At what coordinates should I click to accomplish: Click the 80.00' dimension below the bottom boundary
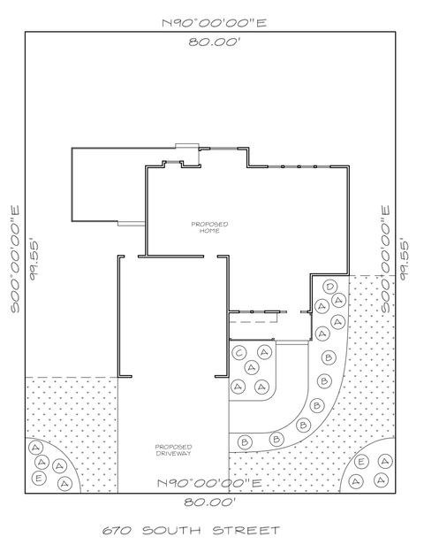tap(210, 502)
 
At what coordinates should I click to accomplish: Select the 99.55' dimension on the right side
tap(405, 257)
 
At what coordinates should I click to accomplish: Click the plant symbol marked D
tap(329, 288)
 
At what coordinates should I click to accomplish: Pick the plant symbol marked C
tap(239, 353)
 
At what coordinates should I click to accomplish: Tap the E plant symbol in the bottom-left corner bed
tap(38, 477)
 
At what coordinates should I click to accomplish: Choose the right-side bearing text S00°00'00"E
tap(385, 257)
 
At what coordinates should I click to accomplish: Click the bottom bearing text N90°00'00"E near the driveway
tap(210, 483)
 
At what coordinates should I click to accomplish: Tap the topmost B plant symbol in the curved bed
tap(329, 357)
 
